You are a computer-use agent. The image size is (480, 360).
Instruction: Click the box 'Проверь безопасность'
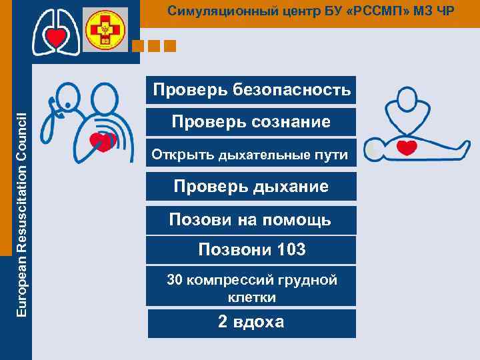(x=251, y=90)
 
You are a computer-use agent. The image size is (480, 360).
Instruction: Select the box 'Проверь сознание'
(x=251, y=122)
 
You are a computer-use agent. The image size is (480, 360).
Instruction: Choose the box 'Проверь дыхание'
(x=251, y=187)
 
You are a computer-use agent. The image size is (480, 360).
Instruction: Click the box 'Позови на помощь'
(x=251, y=219)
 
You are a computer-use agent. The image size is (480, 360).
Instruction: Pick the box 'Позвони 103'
(x=251, y=250)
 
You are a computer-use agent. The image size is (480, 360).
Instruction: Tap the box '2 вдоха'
(x=251, y=323)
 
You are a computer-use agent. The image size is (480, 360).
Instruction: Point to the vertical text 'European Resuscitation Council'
(x=21, y=214)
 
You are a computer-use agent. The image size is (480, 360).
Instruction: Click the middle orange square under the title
(x=155, y=46)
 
